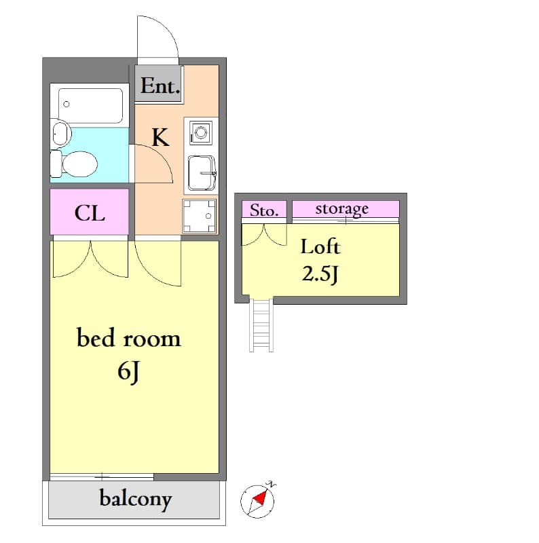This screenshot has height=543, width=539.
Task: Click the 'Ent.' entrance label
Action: point(160,86)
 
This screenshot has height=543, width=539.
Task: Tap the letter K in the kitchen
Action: point(160,138)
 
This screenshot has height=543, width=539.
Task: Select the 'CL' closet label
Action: point(90,213)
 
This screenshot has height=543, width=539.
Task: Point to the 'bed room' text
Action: point(128,338)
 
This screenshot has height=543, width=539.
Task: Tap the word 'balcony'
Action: point(135,500)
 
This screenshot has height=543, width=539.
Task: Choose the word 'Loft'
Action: point(320,246)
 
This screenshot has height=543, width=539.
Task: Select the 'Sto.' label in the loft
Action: point(263,210)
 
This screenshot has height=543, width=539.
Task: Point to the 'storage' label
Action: point(341,208)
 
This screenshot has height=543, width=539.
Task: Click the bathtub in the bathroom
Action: point(90,105)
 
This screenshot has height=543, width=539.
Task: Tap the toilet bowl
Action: point(76,163)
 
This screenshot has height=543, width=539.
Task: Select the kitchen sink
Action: point(202,173)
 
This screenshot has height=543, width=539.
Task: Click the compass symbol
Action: point(258,501)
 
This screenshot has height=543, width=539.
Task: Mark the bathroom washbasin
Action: point(60,133)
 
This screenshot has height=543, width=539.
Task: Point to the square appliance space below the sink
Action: point(200,215)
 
